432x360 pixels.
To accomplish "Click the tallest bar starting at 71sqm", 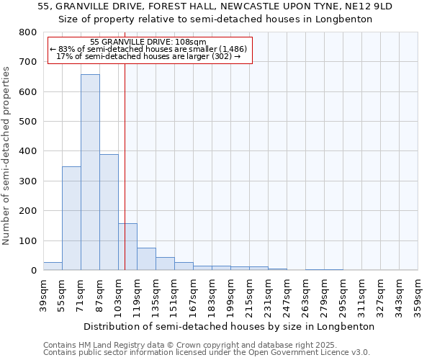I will click(x=90, y=173).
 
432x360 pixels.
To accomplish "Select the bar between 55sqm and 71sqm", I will click(x=71, y=218).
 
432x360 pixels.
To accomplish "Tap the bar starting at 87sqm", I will click(x=109, y=212).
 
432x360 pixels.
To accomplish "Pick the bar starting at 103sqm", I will click(x=127, y=247).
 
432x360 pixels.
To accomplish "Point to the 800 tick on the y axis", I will click(x=28, y=32).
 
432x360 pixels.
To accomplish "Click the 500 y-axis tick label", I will click(x=28, y=122).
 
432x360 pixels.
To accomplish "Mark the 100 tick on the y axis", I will click(x=28, y=240).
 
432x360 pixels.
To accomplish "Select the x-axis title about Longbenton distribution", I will click(x=229, y=326).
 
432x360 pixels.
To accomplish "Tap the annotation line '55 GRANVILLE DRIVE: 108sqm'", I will click(x=149, y=42).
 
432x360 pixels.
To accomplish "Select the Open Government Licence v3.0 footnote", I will click(x=207, y=353).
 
